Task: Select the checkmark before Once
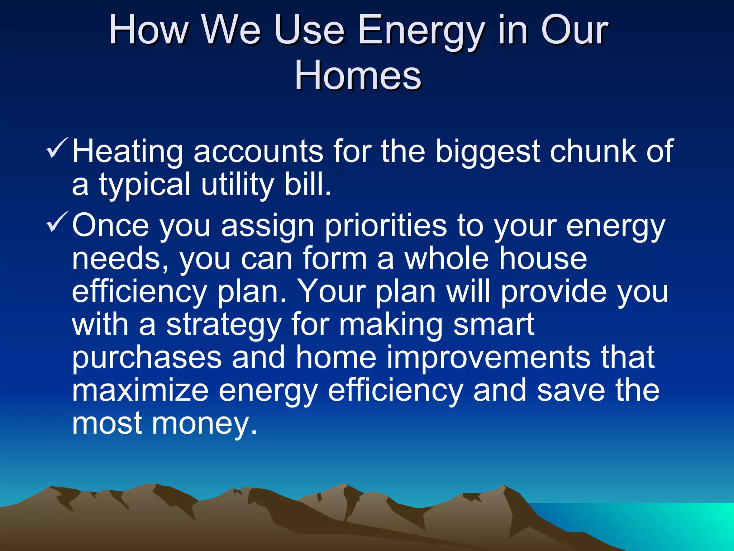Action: click(57, 222)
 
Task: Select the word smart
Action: click(494, 324)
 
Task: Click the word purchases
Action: click(147, 358)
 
